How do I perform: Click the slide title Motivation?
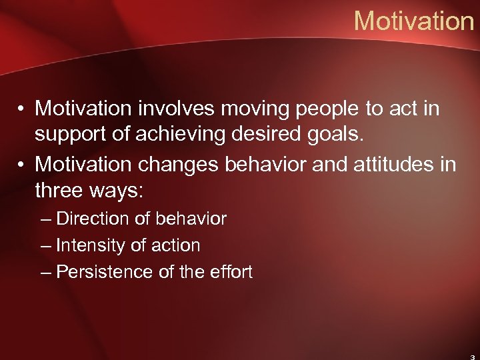click(x=413, y=21)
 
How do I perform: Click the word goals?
click(x=339, y=135)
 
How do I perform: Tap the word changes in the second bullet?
click(x=180, y=163)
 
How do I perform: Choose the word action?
click(x=176, y=245)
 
